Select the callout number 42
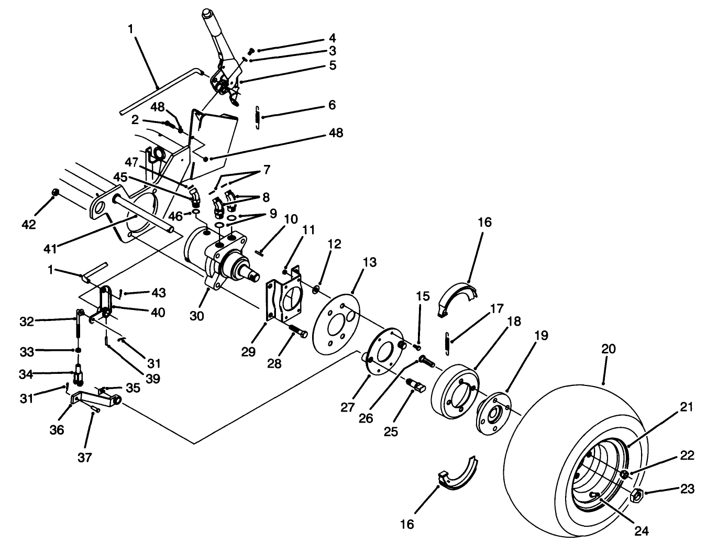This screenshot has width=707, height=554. point(29,225)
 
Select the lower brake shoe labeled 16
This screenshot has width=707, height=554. point(459,473)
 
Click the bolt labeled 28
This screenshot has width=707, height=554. point(298,332)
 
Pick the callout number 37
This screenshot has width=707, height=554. point(84,458)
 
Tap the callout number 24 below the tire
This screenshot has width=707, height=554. point(642,531)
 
